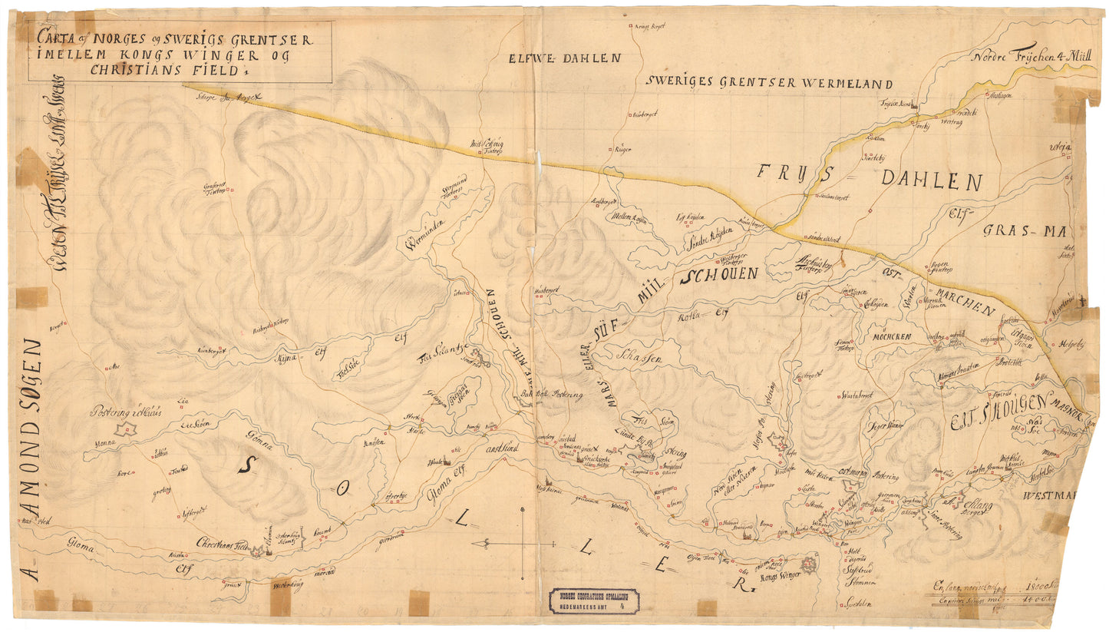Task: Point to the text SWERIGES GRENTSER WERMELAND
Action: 769,84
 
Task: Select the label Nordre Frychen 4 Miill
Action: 1027,57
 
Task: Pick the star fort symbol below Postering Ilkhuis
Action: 125,430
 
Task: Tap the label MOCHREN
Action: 890,337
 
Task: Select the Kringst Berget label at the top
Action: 648,26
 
